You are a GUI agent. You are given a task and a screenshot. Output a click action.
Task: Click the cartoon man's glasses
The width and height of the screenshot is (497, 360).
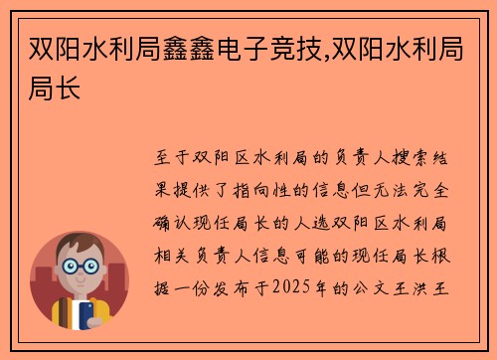pos(80,268)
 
